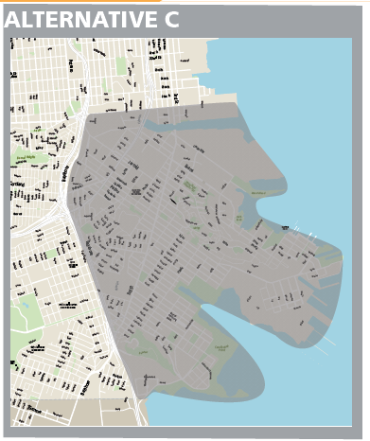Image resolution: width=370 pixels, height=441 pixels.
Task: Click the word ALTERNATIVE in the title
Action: [72, 19]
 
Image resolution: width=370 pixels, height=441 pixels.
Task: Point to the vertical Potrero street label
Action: [72, 66]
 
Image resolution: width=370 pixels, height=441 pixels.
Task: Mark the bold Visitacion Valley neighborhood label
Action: [66, 305]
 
